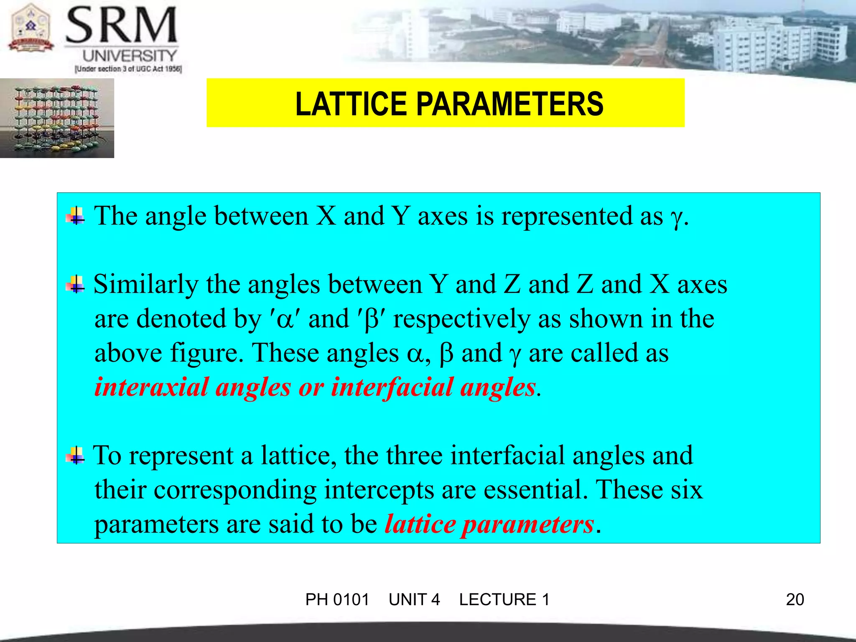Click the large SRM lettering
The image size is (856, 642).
(x=122, y=26)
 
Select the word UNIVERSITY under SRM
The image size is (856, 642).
(x=130, y=56)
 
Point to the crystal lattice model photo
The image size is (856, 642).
(x=57, y=118)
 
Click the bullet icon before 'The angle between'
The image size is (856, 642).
(x=75, y=217)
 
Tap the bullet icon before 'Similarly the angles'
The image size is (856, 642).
(x=75, y=285)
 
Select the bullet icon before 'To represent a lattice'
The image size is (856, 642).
(x=75, y=456)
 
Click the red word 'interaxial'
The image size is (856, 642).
(x=151, y=387)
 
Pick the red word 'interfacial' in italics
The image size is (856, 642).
(x=392, y=387)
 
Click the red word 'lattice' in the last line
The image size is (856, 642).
(x=420, y=524)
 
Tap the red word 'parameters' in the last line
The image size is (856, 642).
(x=527, y=524)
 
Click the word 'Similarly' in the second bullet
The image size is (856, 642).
(x=145, y=285)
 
